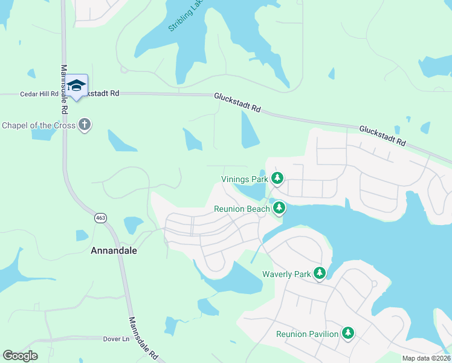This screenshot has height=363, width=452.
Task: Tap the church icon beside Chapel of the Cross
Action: point(85,125)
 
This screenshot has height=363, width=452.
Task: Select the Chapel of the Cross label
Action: point(39,125)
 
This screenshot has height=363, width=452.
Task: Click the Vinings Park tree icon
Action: point(277,178)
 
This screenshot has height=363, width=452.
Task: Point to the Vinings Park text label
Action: point(244,179)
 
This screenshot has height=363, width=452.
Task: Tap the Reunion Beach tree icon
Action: point(279,209)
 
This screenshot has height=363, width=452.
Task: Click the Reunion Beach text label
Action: point(242,209)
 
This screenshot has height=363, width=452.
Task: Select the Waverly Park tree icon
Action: point(320,273)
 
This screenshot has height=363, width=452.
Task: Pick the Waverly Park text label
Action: point(286,274)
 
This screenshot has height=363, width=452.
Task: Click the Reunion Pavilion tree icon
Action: point(347,333)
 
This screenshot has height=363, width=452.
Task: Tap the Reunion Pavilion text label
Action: point(307,334)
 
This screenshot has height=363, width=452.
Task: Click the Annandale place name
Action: point(114,250)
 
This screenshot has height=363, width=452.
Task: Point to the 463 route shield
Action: point(100,217)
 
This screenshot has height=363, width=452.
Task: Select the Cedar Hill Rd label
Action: point(39,94)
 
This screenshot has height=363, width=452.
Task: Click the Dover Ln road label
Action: point(117,339)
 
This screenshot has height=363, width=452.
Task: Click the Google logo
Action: point(20,356)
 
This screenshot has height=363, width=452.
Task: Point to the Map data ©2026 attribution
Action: point(427,358)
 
